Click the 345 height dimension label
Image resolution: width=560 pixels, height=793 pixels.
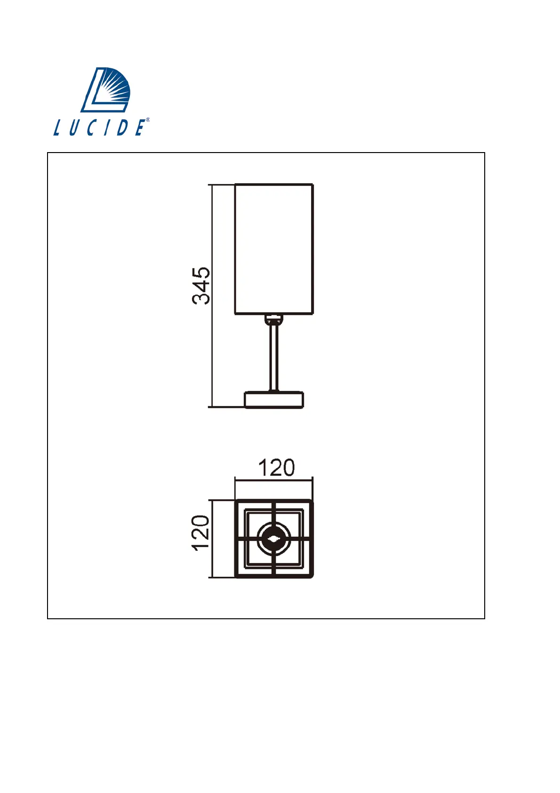click(201, 286)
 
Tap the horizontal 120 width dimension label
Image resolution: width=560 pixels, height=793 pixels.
click(276, 468)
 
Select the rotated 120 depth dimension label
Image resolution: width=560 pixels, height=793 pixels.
click(200, 533)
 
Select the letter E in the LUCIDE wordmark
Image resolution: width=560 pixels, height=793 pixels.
click(139, 128)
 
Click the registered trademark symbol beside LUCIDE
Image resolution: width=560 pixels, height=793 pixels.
click(147, 120)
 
